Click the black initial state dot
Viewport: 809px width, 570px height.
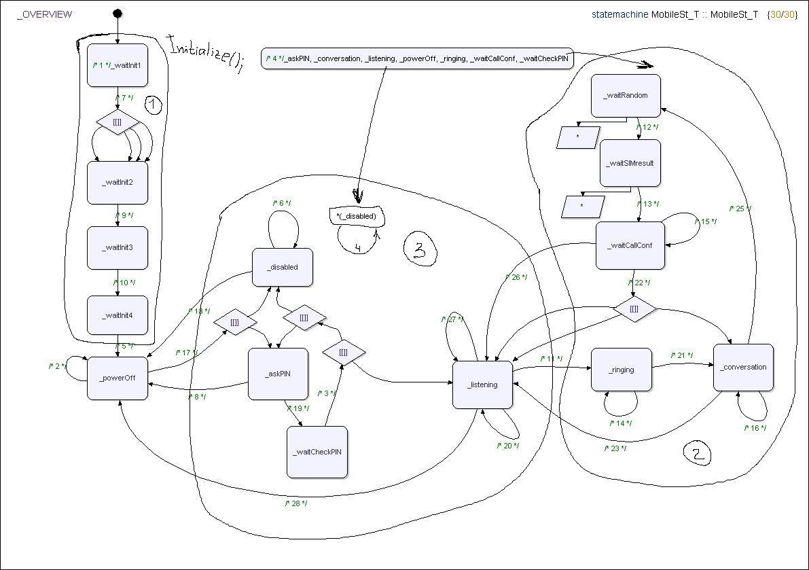coord(118,14)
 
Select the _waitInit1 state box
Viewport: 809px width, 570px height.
coord(118,65)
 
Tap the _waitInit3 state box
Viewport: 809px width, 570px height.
coord(118,247)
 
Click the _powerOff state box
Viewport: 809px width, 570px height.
coord(118,378)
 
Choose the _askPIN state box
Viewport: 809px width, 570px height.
coord(278,373)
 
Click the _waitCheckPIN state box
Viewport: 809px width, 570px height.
coord(317,452)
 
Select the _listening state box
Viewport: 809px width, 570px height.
coord(482,385)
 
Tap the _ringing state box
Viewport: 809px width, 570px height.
coord(621,370)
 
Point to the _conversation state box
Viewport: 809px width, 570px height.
coord(743,368)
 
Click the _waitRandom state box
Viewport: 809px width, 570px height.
coord(626,96)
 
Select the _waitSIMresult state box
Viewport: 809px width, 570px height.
coord(630,164)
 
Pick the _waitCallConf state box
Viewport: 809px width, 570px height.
coord(630,245)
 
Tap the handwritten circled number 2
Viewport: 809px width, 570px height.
coord(698,454)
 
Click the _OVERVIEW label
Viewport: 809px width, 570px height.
coord(44,14)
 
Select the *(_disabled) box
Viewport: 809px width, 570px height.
coord(357,216)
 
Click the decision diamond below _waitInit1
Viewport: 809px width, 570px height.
coord(118,122)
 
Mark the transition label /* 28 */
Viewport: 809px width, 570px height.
coord(296,503)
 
